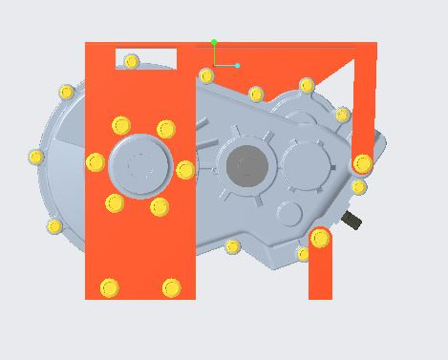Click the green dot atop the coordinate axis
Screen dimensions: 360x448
pos(214,42)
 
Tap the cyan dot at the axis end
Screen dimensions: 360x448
pos(237,65)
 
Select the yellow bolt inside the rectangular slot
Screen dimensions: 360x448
pos(132,61)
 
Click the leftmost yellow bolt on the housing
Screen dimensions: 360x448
pos(36,157)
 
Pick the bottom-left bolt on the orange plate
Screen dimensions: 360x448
pos(109,287)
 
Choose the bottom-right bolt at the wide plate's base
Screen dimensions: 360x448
pos(171,287)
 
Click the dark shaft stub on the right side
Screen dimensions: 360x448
pos(352,221)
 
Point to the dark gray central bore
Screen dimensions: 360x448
pos(247,167)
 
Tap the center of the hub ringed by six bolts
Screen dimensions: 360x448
pos(140,166)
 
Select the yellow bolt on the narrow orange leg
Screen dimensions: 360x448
pos(320,238)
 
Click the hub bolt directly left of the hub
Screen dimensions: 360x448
pos(96,162)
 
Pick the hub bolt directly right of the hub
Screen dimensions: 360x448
pos(185,170)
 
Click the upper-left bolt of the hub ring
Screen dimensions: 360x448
pos(120,125)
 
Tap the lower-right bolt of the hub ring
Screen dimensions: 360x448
pos(160,206)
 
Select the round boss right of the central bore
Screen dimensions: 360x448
pos(304,161)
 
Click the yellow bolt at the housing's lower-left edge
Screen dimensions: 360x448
pos(54,226)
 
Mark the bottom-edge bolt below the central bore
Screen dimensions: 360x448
pos(232,247)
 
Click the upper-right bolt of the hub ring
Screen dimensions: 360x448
pos(166,129)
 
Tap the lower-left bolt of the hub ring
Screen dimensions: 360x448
pos(115,202)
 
